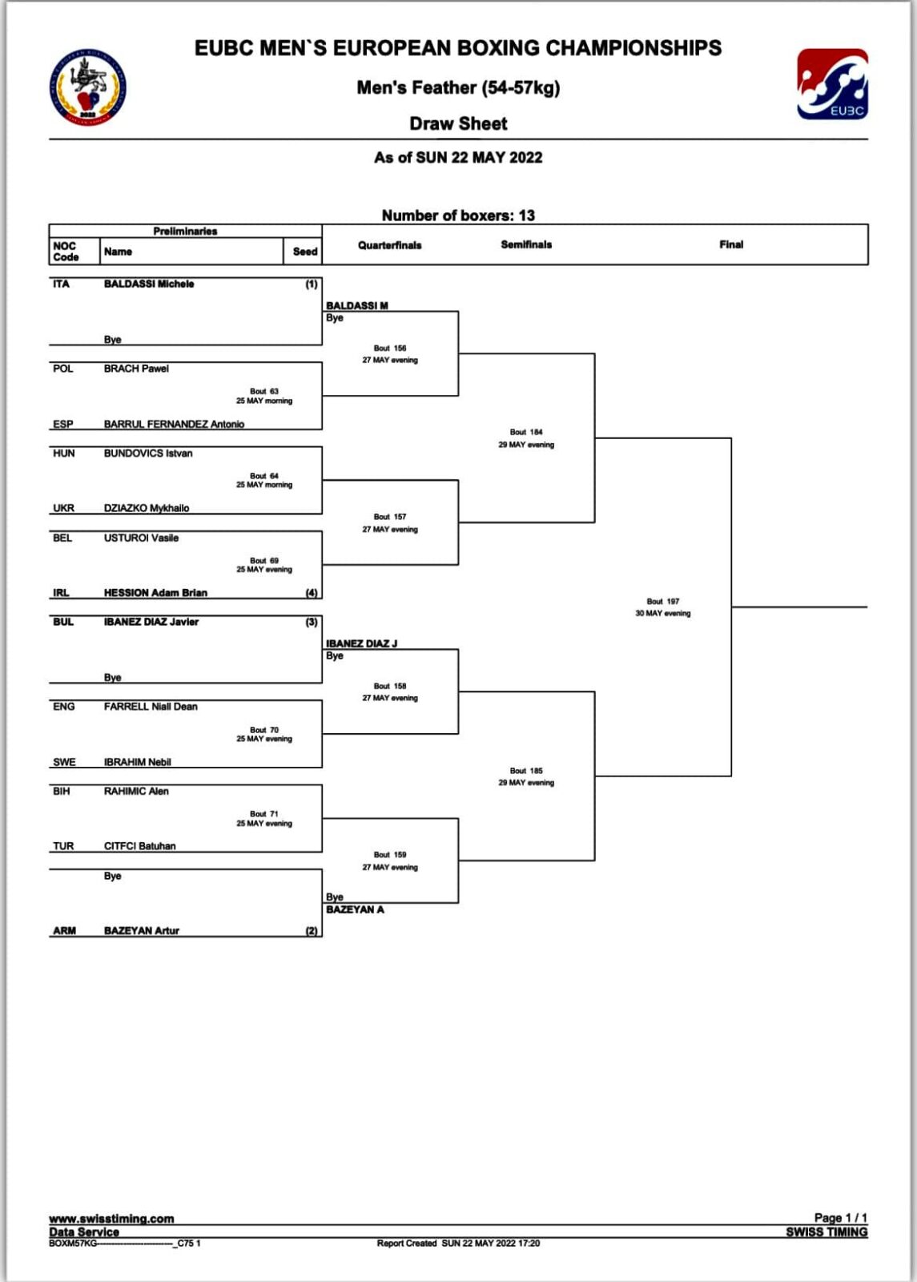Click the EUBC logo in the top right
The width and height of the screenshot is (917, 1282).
point(832,84)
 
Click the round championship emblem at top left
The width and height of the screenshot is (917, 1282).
point(88,87)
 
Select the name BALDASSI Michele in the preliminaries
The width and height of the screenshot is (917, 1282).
point(149,284)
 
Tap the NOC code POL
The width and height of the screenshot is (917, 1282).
point(63,369)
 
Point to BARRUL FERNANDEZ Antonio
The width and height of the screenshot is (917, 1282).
point(174,424)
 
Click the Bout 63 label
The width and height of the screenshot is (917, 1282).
point(264,392)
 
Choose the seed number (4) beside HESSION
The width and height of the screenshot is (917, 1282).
point(312,593)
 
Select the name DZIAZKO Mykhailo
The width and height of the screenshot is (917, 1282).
point(147,508)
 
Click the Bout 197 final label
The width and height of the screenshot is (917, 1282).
point(663,602)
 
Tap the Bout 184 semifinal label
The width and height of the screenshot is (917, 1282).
point(526,432)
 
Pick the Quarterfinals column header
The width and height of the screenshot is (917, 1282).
point(389,245)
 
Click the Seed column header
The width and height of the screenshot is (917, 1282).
point(305,252)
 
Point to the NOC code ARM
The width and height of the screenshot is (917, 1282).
point(64,930)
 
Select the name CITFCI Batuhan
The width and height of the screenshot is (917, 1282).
point(139,846)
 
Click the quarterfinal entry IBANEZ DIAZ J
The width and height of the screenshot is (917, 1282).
point(361,643)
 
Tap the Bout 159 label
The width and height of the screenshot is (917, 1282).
point(390,854)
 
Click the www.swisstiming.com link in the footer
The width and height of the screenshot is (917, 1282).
point(111,1219)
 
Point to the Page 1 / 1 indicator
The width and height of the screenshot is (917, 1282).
point(840,1217)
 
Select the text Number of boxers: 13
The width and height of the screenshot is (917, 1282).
point(458,216)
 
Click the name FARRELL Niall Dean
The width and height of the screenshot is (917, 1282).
point(151,707)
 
